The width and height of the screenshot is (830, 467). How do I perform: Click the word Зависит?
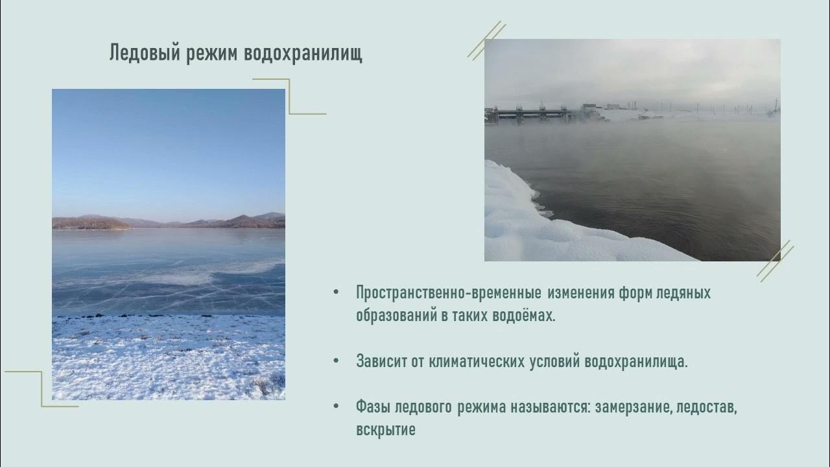tap(381, 361)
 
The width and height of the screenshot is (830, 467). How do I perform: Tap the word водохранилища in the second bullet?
tap(636, 361)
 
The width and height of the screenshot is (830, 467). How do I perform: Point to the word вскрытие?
tap(386, 430)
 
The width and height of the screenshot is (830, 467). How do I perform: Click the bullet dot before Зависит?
tap(336, 361)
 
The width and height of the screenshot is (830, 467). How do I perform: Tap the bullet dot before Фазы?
tap(336, 407)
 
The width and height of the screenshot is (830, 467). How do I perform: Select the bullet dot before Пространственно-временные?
tap(336, 293)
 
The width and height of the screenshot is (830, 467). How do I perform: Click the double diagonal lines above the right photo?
tap(486, 40)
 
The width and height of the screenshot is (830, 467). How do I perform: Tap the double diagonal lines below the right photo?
tap(776, 260)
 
